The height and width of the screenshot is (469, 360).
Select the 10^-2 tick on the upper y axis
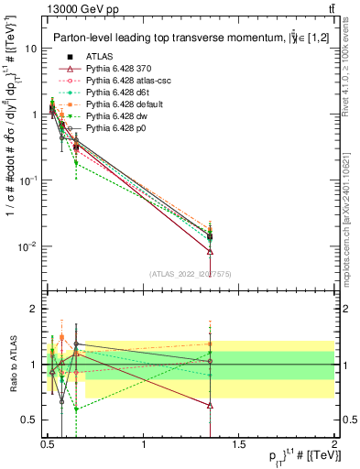tap(30, 246)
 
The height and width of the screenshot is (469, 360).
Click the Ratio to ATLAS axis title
tap(12, 365)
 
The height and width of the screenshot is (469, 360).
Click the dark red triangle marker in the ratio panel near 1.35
tap(211, 404)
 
